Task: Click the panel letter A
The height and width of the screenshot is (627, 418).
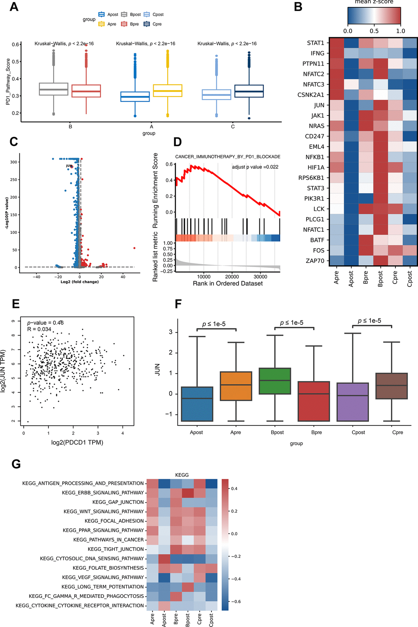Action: pyautogui.click(x=14, y=7)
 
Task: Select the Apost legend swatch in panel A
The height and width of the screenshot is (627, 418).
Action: pyautogui.click(x=102, y=14)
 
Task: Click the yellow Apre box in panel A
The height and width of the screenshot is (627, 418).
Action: pyautogui.click(x=167, y=91)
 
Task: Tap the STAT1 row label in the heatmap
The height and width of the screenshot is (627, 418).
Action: pyautogui.click(x=315, y=43)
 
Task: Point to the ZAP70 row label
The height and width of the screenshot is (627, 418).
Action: pyautogui.click(x=315, y=261)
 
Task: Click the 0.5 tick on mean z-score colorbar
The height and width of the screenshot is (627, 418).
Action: pyautogui.click(x=374, y=31)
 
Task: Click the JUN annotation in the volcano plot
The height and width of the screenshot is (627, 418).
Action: pyautogui.click(x=69, y=166)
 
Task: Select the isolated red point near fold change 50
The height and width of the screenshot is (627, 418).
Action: pyautogui.click(x=134, y=248)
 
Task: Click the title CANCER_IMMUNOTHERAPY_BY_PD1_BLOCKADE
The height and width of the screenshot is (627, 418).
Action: pyautogui.click(x=228, y=156)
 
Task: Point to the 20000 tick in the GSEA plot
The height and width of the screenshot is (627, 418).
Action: pyautogui.click(x=232, y=277)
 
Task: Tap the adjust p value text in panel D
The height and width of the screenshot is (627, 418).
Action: pyautogui.click(x=255, y=167)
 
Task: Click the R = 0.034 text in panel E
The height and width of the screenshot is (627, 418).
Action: pyautogui.click(x=39, y=329)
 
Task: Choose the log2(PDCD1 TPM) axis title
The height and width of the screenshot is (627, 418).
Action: pyautogui.click(x=77, y=442)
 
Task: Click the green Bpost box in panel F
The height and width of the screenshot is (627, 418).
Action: pyautogui.click(x=275, y=381)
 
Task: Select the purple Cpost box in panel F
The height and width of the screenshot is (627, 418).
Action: pyautogui.click(x=352, y=402)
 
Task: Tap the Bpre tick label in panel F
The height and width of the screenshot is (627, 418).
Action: pyautogui.click(x=316, y=432)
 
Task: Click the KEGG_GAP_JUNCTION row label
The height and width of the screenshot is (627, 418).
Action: pyautogui.click(x=118, y=502)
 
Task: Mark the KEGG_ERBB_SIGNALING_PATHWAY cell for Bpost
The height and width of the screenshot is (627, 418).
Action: pyautogui.click(x=188, y=493)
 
